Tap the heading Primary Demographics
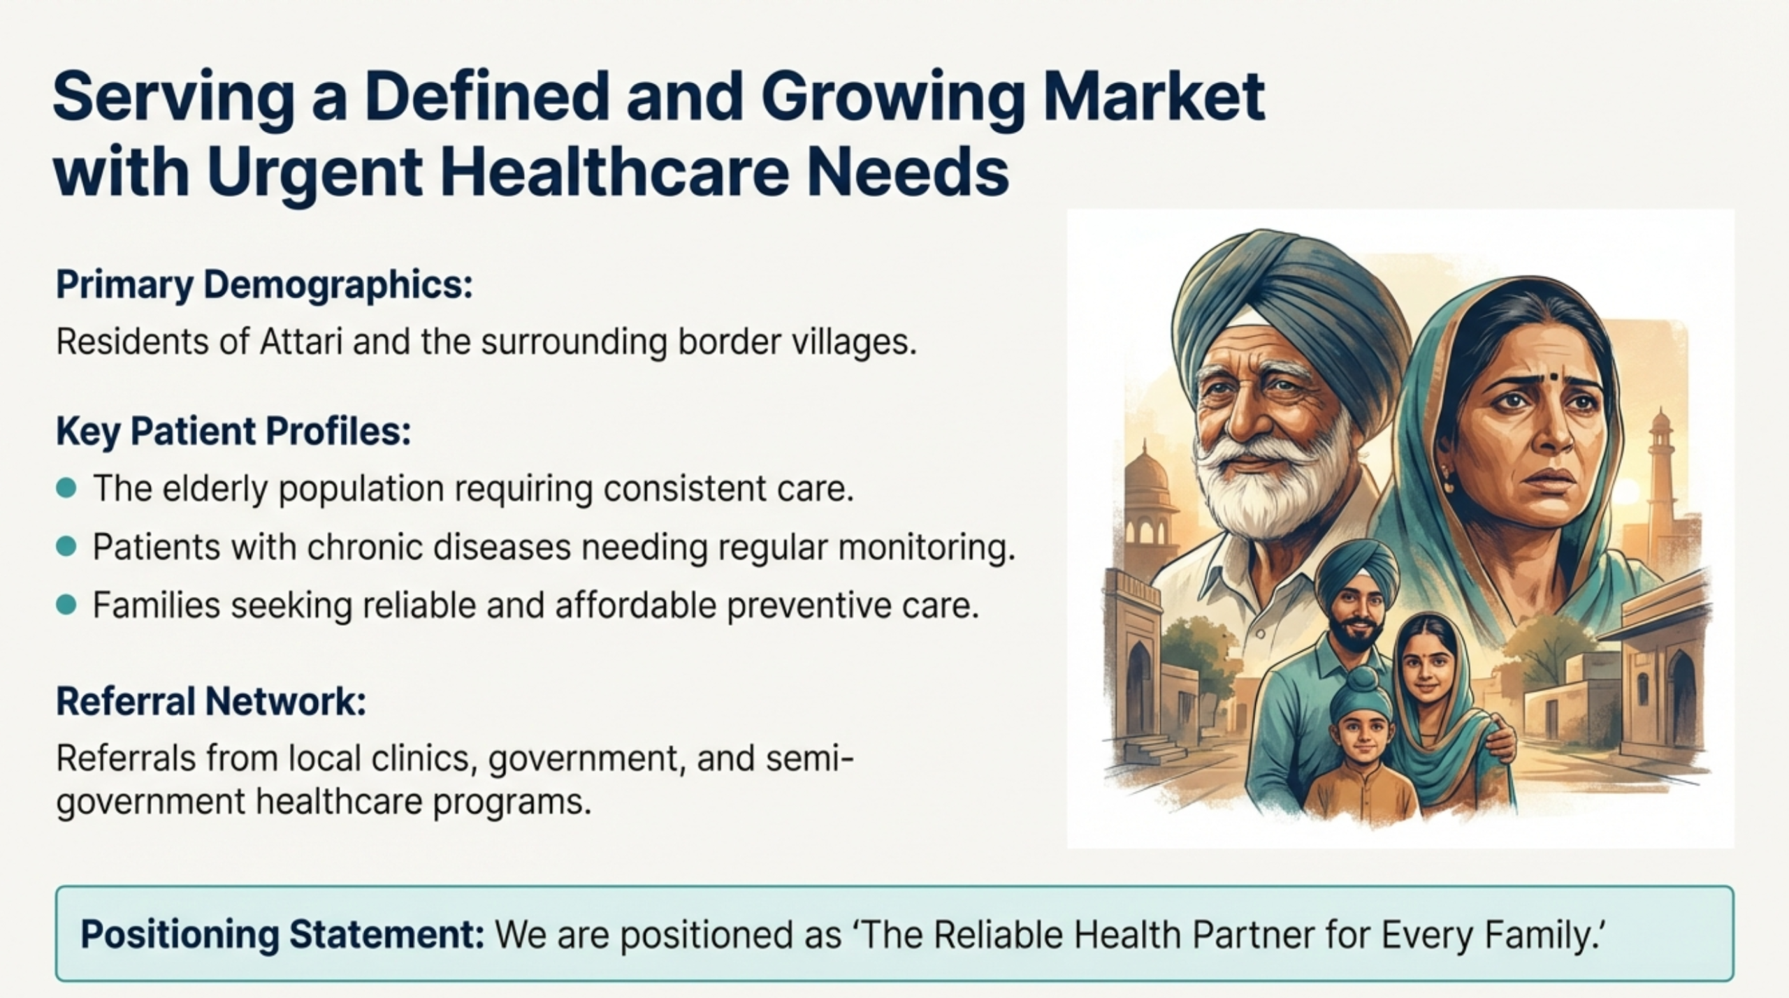point(264,285)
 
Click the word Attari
point(301,342)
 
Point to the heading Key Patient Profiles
point(233,432)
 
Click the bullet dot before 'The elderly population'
point(66,488)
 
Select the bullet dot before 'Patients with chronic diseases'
point(66,547)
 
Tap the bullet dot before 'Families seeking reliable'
point(66,605)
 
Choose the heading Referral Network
point(211,701)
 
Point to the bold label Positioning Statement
point(282,934)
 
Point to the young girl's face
point(1423,660)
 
